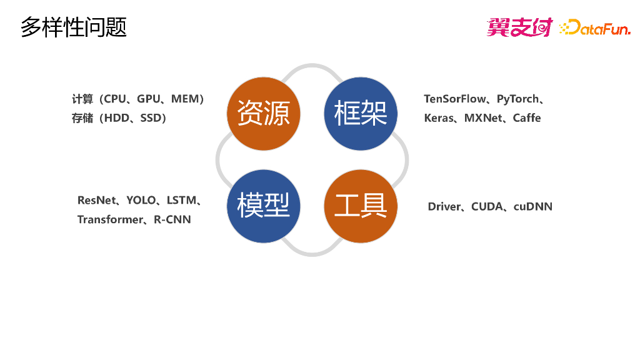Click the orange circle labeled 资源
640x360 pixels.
pos(263,114)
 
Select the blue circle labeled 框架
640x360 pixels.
pos(361,114)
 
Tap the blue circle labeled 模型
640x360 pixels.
pos(263,206)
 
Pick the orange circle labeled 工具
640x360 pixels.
pos(361,206)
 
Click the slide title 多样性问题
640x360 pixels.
pos(74,27)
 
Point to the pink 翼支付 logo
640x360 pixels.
pos(519,27)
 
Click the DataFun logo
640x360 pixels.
pos(596,27)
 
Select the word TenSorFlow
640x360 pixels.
pos(455,99)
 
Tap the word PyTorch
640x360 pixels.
pos(517,99)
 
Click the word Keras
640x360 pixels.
pos(439,117)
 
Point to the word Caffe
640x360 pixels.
pos(527,117)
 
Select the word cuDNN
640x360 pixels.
pos(533,206)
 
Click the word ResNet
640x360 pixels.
pos(97,200)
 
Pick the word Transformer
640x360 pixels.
pos(110,219)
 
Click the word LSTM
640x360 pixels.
pos(181,200)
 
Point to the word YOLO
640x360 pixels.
pos(141,200)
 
